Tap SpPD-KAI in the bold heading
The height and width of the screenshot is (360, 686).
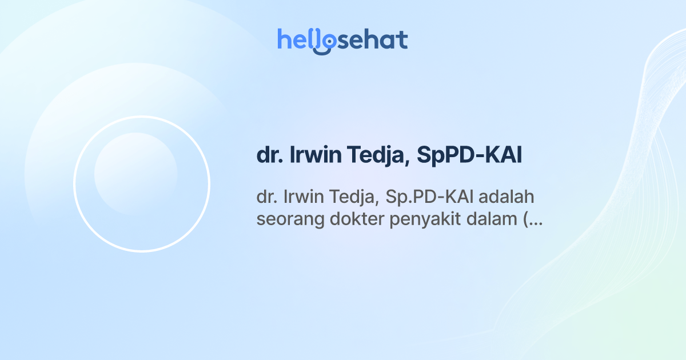(x=469, y=156)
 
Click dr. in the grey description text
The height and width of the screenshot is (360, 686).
(x=266, y=197)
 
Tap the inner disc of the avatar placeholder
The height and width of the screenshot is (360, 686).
(x=135, y=174)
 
